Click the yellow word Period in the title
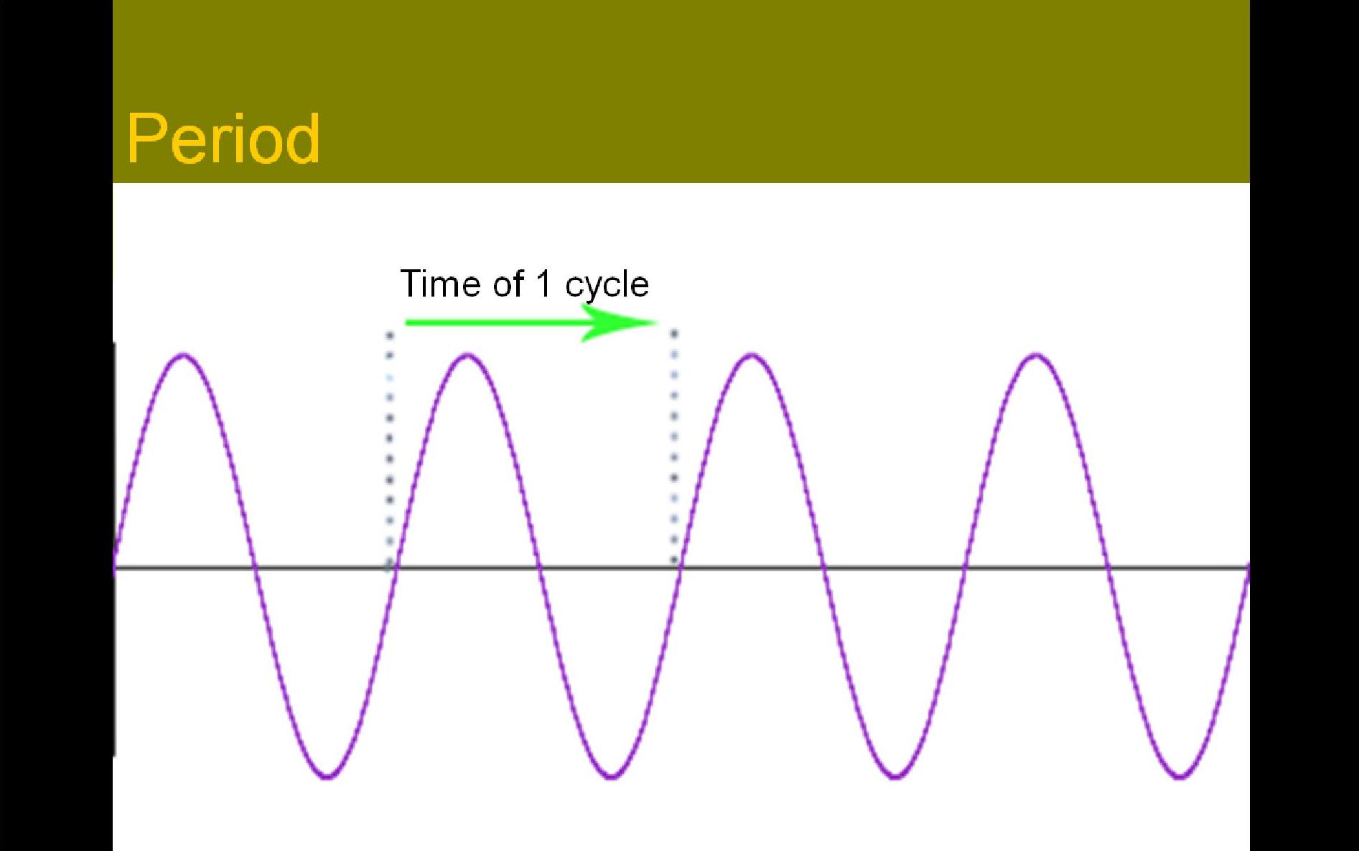tap(223, 139)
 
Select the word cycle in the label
tap(607, 286)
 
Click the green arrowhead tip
tap(658, 322)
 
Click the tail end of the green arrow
tap(406, 322)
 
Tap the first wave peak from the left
tap(184, 354)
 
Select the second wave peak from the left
tap(468, 354)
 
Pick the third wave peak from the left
tap(752, 354)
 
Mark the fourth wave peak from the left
tap(1036, 354)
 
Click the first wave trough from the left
tap(327, 777)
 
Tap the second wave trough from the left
tap(611, 777)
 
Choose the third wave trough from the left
tap(895, 777)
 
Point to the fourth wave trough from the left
tap(1179, 777)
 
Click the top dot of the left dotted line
tap(390, 335)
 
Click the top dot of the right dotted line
tap(674, 333)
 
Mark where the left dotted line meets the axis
tap(390, 567)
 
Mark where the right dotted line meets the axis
tap(674, 567)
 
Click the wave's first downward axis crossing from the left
tap(255, 567)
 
